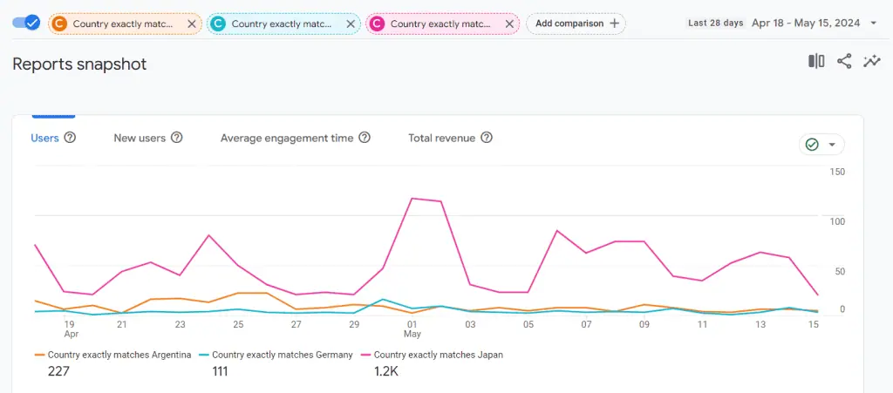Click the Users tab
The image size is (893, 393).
click(44, 138)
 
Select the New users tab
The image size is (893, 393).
click(140, 138)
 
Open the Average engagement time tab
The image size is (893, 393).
click(287, 138)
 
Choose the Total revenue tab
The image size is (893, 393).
click(442, 138)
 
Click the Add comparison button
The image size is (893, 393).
click(576, 24)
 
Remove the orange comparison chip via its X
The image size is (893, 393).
click(191, 24)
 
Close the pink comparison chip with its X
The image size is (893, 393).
click(508, 24)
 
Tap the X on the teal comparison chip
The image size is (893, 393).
click(350, 24)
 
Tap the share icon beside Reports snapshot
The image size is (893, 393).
click(844, 61)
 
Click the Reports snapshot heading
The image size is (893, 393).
click(79, 64)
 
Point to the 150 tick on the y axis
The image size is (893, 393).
click(837, 172)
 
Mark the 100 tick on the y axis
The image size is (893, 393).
click(837, 221)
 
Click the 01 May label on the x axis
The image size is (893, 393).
click(412, 329)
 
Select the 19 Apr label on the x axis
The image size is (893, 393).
click(71, 329)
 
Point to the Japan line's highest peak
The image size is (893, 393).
click(412, 199)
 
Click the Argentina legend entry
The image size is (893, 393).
click(112, 355)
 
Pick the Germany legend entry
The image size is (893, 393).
click(276, 355)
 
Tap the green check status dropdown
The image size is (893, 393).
click(821, 145)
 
